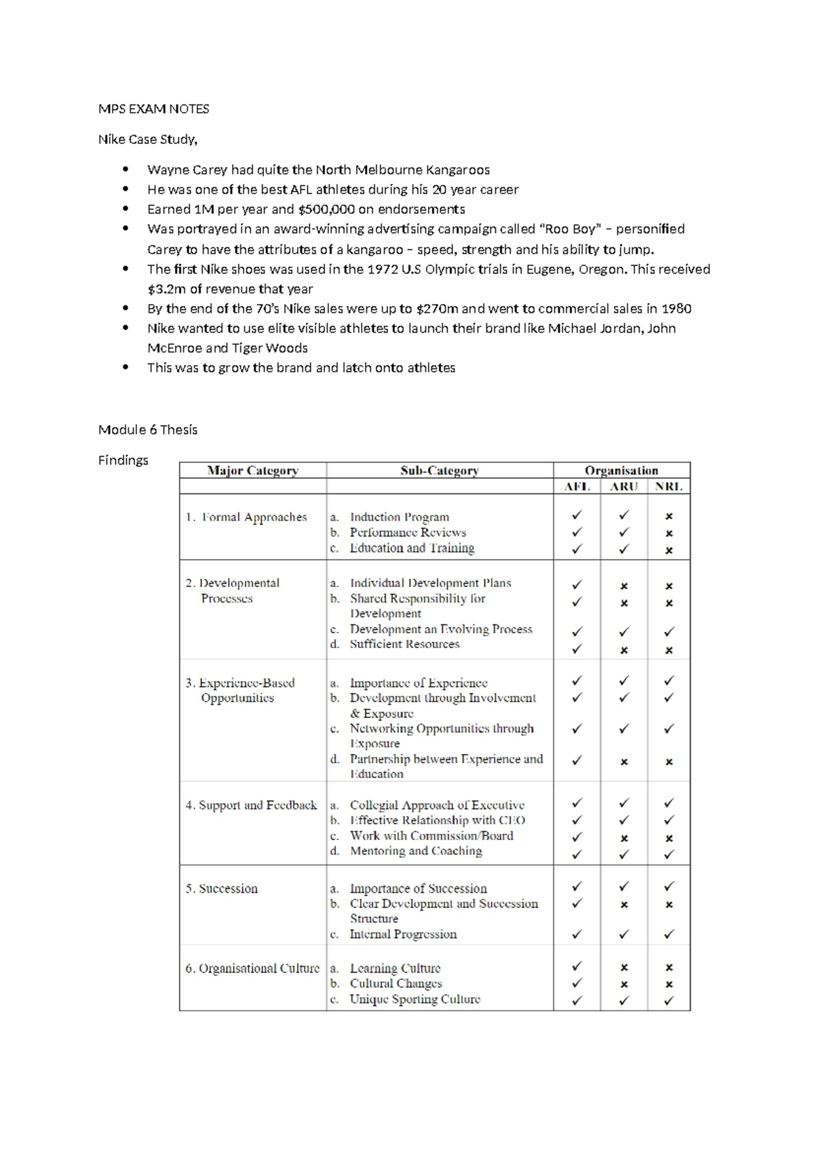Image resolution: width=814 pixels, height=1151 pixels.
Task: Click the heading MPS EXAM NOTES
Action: [x=153, y=109]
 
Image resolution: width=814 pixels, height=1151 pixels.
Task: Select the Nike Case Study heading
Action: [x=148, y=139]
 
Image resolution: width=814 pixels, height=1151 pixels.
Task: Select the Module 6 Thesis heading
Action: [x=148, y=430]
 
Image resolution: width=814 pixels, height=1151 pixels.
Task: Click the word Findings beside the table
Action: [x=123, y=460]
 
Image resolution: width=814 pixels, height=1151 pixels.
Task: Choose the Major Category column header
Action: [x=252, y=470]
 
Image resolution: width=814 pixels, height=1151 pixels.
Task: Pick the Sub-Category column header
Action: [x=440, y=470]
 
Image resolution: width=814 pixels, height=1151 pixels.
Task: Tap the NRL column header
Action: [x=668, y=487]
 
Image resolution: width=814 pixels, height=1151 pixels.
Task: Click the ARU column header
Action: [x=623, y=487]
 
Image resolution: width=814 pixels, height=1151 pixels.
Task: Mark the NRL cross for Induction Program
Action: [x=669, y=516]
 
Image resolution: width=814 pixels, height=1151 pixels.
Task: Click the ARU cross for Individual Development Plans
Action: [x=624, y=586]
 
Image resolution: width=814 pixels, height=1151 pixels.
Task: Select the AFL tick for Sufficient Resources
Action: [x=577, y=649]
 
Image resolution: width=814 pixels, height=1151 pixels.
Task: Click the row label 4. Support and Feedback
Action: [x=251, y=805]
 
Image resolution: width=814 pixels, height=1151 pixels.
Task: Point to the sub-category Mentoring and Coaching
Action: [x=415, y=851]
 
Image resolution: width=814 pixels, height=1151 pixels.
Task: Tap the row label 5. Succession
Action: [x=222, y=888]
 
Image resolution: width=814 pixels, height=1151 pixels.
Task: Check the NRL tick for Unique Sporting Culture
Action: [x=669, y=1000]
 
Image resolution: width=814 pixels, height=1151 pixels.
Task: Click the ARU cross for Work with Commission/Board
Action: [x=624, y=838]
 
